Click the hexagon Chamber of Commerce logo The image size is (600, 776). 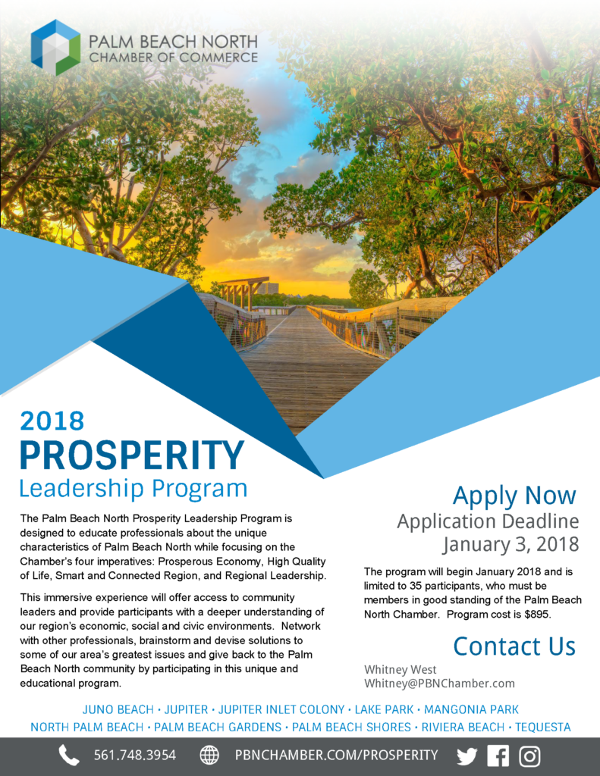[x=55, y=48]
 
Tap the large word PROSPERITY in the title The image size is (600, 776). [x=132, y=455]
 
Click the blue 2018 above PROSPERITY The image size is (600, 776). [x=52, y=421]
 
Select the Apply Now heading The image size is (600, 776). [x=514, y=496]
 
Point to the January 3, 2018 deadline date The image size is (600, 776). [x=510, y=544]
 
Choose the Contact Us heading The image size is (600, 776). [x=514, y=646]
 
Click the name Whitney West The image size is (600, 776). [x=401, y=670]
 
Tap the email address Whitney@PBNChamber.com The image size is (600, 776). [x=439, y=684]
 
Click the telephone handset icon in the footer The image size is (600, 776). [x=69, y=756]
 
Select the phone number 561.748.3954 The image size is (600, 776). [x=135, y=756]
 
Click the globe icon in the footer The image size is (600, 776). [x=209, y=756]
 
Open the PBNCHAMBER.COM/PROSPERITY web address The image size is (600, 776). [x=337, y=756]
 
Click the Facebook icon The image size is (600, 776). [x=498, y=756]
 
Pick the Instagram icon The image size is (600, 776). [x=529, y=756]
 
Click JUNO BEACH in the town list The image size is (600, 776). [x=118, y=709]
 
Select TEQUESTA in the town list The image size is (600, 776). [x=543, y=727]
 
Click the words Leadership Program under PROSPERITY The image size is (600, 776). [x=134, y=489]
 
